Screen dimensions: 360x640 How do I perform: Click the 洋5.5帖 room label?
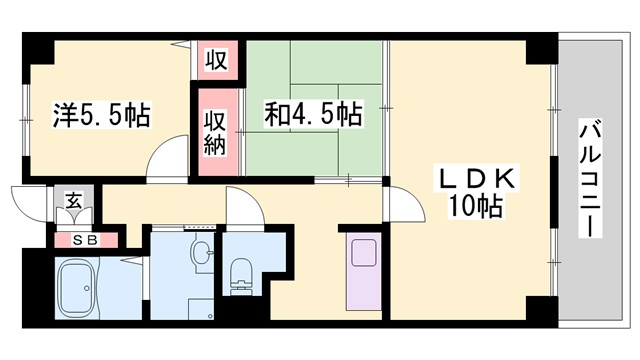coord(100,115)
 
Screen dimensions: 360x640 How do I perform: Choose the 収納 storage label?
coord(217,133)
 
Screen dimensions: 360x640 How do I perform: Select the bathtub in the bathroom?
coord(75,290)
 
